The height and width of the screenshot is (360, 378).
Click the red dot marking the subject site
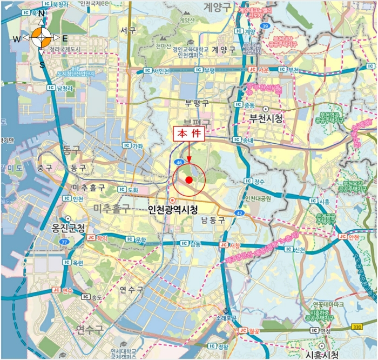click(x=188, y=180)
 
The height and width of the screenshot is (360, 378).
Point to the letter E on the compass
click(x=64, y=38)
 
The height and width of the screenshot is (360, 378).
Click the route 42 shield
click(x=239, y=213)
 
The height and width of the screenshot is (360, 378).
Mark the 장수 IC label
click(x=254, y=181)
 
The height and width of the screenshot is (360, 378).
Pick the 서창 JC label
click(x=230, y=245)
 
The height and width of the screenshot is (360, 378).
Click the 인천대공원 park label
click(x=261, y=198)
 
